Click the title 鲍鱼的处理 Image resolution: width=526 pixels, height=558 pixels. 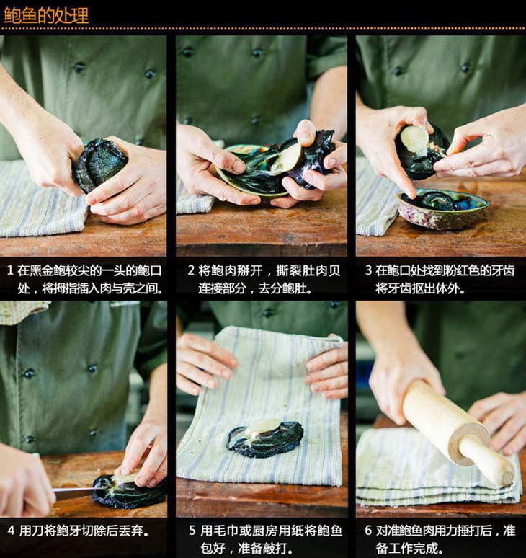(x=46, y=16)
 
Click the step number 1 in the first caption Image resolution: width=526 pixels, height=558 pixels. (x=10, y=270)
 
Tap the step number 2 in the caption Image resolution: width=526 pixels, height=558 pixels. (x=191, y=270)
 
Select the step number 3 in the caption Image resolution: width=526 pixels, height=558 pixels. (x=368, y=270)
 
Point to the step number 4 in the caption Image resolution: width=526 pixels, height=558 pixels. (x=11, y=530)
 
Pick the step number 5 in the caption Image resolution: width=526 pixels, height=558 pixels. (x=192, y=530)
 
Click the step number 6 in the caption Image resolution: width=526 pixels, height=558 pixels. (x=368, y=530)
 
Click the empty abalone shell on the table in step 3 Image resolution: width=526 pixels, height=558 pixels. (x=442, y=209)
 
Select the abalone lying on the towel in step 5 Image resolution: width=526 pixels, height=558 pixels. (x=265, y=438)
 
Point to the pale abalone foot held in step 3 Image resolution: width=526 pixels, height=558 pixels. (x=415, y=138)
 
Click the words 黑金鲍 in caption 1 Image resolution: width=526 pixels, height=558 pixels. (x=48, y=271)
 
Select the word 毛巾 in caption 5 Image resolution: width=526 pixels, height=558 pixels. (x=225, y=531)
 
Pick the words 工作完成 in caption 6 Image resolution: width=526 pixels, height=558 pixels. (x=413, y=548)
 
